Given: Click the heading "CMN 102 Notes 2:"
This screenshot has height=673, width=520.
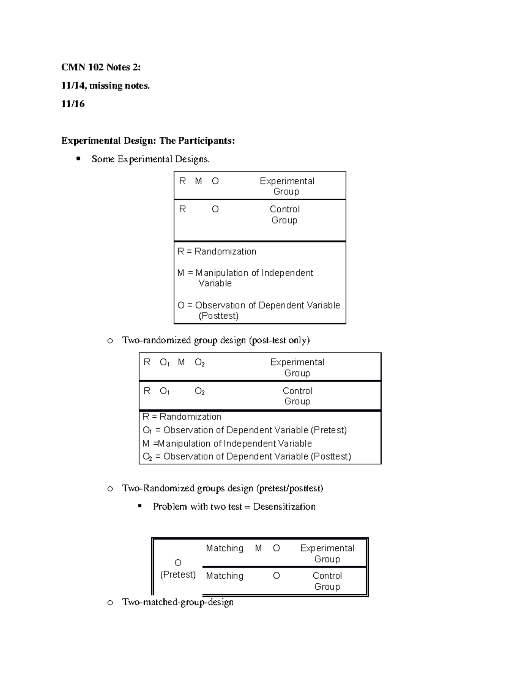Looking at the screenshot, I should coord(101,67).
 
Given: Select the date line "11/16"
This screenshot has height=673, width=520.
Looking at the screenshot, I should coord(72,104).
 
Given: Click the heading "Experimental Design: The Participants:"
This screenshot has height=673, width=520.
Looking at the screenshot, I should coord(148,141).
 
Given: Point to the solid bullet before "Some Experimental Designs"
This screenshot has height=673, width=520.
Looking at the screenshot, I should coord(78,159).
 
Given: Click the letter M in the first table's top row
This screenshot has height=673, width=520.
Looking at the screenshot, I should coord(198,181).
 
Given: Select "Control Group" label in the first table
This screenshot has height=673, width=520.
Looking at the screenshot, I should coord(284,215).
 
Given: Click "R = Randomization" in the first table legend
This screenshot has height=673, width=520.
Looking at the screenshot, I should coord(217,251).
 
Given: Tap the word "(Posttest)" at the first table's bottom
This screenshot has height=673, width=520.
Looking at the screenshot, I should coord(218,316).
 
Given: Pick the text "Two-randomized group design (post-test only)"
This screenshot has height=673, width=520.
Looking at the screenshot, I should coord(216,340).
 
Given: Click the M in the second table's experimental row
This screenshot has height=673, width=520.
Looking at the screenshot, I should coord(181,362).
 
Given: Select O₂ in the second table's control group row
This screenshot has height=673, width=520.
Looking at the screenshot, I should coord(199,391).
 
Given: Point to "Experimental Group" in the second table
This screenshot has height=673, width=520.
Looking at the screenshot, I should coord(297,367).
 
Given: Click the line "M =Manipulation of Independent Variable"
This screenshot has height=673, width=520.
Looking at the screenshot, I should coord(227,443).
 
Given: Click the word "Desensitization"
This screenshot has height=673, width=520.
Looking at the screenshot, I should coord(284,507).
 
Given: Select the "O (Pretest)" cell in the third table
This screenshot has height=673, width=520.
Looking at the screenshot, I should coord(178,569).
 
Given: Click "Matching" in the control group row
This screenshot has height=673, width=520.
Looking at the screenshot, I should coord(224,576).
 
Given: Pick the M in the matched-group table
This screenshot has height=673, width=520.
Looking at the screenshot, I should coord(258,548).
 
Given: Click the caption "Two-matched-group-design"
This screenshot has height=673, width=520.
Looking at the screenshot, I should coord(178,602).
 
